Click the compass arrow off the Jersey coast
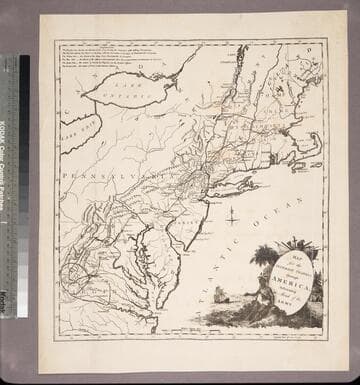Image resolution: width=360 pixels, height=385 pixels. point(232,213)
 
